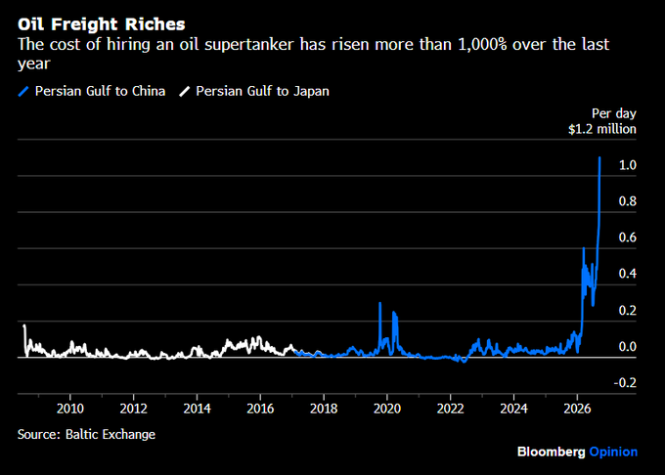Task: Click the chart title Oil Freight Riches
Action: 102,24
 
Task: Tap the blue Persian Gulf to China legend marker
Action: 23,91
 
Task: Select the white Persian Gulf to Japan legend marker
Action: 185,91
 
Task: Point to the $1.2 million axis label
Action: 602,129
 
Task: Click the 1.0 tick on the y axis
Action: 628,165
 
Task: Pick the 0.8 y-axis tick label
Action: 628,200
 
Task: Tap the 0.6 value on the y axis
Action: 628,237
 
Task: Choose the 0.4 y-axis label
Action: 628,274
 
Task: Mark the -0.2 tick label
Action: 625,382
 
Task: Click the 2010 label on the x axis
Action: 70,409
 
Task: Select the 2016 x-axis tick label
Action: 260,409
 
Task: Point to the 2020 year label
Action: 387,409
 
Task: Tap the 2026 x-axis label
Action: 577,409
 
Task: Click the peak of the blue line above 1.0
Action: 599,157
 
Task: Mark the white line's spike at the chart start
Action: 24,325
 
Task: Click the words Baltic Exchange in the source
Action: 111,434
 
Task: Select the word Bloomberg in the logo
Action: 551,453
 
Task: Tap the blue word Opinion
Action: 613,453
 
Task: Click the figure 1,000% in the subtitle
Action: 483,45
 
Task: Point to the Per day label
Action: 614,113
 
